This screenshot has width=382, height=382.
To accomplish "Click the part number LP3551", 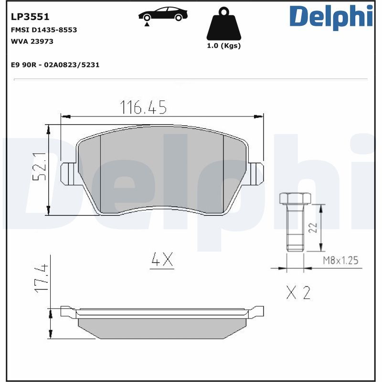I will (x=30, y=18).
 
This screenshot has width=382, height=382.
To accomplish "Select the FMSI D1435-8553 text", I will (x=43, y=30).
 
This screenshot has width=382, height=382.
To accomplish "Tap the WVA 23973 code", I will (x=32, y=42).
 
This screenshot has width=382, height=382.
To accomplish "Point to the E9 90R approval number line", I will (x=55, y=64).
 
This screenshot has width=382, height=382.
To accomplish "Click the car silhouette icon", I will (x=163, y=15).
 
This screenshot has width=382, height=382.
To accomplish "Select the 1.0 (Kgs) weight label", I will (x=223, y=46).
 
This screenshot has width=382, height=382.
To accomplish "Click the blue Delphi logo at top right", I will (x=331, y=17).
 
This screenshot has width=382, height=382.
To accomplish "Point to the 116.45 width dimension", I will (x=143, y=108).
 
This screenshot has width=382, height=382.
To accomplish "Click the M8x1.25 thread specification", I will (x=340, y=260).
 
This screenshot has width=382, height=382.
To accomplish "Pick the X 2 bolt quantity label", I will (x=298, y=292).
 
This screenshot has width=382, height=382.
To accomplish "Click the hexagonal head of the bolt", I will (x=294, y=198).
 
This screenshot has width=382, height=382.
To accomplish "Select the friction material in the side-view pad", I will (x=162, y=329).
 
